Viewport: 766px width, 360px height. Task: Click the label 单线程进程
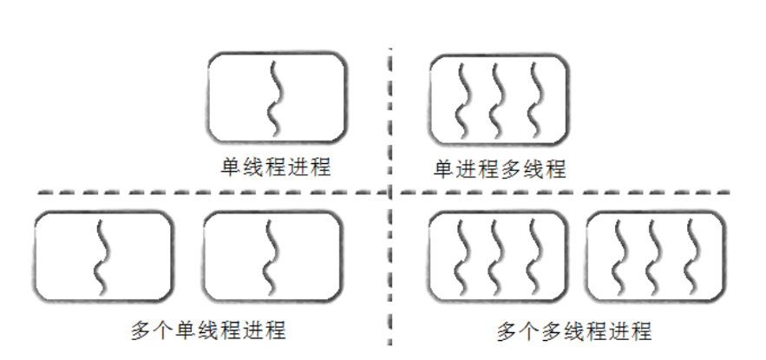tap(275, 167)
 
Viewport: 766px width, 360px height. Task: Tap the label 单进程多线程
tap(500, 169)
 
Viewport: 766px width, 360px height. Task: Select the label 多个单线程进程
tap(207, 331)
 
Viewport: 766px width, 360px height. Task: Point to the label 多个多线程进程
tap(573, 331)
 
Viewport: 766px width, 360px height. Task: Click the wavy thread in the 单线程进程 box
tap(275, 97)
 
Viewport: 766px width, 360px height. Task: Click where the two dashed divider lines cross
tap(390, 193)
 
